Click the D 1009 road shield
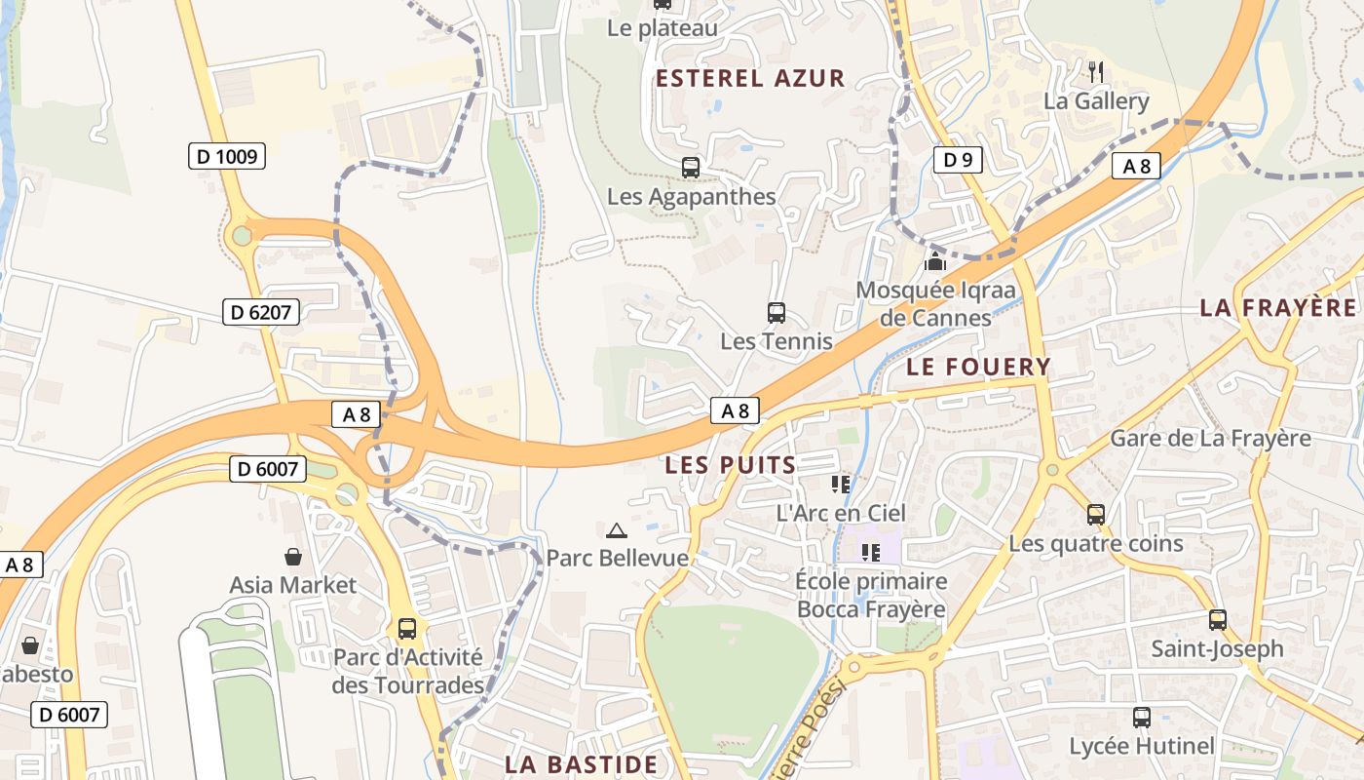[x=227, y=155]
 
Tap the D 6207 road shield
[x=260, y=312]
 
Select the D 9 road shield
[x=957, y=160]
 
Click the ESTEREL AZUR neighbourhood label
[x=750, y=79]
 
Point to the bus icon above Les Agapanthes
[x=691, y=168]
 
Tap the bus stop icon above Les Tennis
[x=777, y=313]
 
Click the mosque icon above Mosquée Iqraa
[x=935, y=261]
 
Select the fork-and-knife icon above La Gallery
[x=1096, y=71]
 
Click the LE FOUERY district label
[x=978, y=367]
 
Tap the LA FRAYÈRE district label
[x=1277, y=308]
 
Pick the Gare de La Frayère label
[x=1210, y=438]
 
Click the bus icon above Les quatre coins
[x=1096, y=515]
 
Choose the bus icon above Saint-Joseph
[x=1218, y=620]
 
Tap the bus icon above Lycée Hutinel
[x=1142, y=719]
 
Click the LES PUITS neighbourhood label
[x=731, y=465]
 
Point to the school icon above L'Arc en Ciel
[x=841, y=484]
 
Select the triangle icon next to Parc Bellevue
[x=616, y=531]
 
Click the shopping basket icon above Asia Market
[x=293, y=557]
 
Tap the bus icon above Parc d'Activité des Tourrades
[x=407, y=629]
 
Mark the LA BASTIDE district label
[x=581, y=763]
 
